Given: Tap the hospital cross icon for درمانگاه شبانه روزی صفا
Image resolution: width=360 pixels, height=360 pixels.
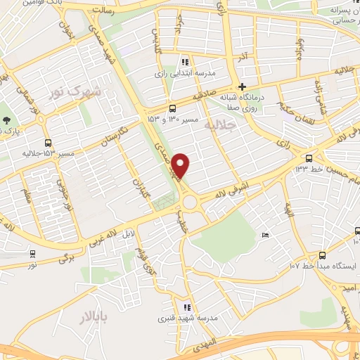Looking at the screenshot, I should click(x=241, y=86).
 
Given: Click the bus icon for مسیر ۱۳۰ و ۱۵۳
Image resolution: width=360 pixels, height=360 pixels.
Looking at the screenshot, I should click(x=172, y=108).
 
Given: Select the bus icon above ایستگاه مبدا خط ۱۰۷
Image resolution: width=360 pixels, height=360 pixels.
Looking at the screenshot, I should click(x=322, y=255).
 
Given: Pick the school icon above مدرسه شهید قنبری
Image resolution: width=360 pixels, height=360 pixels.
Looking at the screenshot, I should click(x=186, y=307).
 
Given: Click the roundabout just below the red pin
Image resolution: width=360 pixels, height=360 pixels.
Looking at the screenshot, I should click(x=189, y=203).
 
